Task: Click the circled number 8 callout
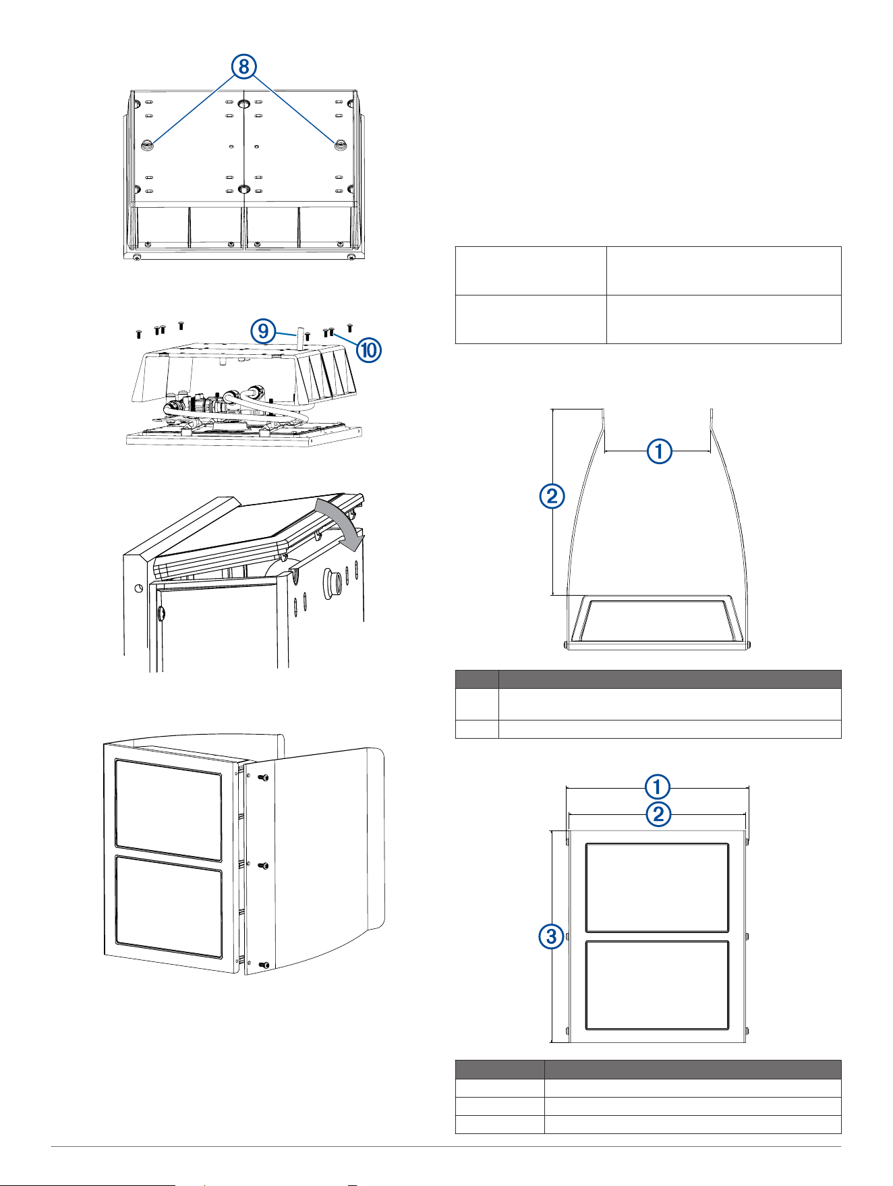(x=243, y=66)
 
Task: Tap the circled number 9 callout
(x=263, y=331)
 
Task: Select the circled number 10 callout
(x=369, y=349)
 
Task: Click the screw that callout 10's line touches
(x=331, y=332)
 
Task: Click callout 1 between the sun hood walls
(x=659, y=451)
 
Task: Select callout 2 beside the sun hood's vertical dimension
(x=552, y=496)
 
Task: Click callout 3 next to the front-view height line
(x=552, y=936)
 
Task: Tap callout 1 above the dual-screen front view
(x=658, y=787)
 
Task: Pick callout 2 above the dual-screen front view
(x=658, y=814)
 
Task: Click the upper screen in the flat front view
(x=657, y=888)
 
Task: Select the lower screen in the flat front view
(x=657, y=986)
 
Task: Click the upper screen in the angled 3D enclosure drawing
(x=169, y=810)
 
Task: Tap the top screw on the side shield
(x=264, y=777)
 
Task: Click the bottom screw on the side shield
(x=264, y=965)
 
